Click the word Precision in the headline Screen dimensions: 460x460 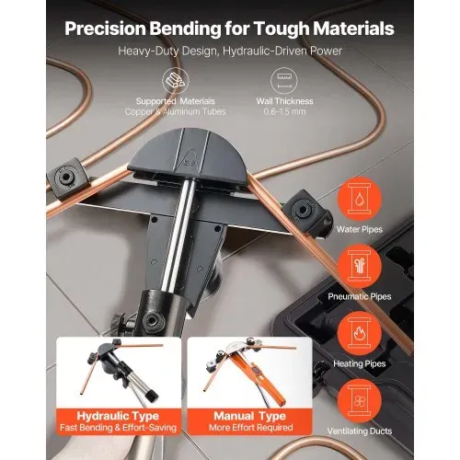point(105,29)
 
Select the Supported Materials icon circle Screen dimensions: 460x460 point(176,81)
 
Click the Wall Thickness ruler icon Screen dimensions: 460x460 point(284,81)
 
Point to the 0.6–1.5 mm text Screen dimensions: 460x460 point(284,111)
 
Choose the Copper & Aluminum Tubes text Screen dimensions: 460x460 point(176,111)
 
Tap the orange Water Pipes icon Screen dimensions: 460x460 point(360,199)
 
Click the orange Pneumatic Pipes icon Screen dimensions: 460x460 point(360,266)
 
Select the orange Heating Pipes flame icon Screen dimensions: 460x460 point(360,333)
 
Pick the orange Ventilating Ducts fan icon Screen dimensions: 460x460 point(360,401)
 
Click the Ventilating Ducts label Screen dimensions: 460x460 point(360,431)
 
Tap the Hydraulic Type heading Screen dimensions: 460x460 point(118,416)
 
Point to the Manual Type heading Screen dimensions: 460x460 point(250,416)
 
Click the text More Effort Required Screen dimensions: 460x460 point(251,428)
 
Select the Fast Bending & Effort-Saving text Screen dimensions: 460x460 point(118,428)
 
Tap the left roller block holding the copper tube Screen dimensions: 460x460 point(66,178)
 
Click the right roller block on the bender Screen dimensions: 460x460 point(306,212)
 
